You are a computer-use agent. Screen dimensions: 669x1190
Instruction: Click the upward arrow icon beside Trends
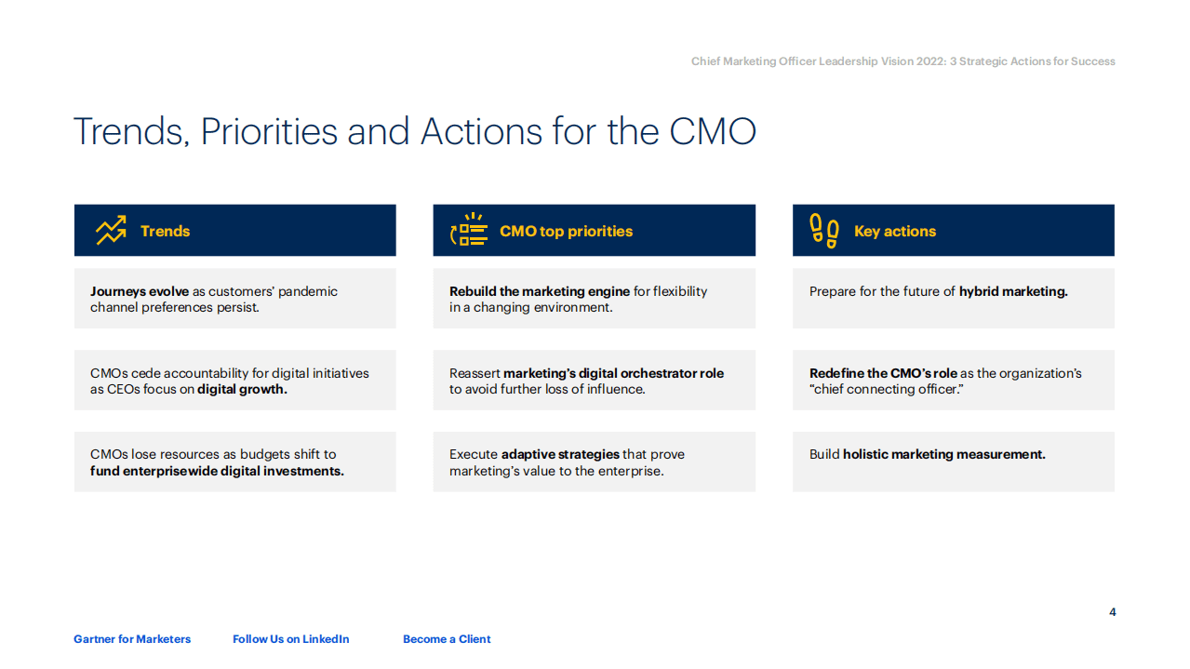pyautogui.click(x=111, y=231)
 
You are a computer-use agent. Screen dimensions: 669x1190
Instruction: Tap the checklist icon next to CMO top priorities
pyautogui.click(x=469, y=231)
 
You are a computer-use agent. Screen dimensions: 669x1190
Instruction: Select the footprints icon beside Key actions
pyautogui.click(x=824, y=231)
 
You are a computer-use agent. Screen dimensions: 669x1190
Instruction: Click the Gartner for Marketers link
pyautogui.click(x=132, y=639)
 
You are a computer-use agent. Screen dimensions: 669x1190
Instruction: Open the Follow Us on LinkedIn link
pyautogui.click(x=291, y=639)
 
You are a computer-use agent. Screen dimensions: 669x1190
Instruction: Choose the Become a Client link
pyautogui.click(x=447, y=639)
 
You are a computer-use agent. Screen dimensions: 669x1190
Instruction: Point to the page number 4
pyautogui.click(x=1113, y=612)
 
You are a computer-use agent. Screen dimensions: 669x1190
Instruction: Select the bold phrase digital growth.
pyautogui.click(x=242, y=390)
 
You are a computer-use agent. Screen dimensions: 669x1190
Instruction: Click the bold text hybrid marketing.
pyautogui.click(x=1013, y=292)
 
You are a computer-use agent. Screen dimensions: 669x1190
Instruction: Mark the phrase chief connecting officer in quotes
pyautogui.click(x=886, y=390)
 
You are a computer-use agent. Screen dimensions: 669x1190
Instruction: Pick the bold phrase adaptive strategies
pyautogui.click(x=560, y=455)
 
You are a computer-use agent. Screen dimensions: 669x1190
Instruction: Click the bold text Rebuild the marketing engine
pyautogui.click(x=540, y=292)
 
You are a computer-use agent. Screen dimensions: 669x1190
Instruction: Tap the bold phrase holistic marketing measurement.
pyautogui.click(x=943, y=455)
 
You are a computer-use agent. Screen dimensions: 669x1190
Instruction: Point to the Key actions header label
pyautogui.click(x=895, y=232)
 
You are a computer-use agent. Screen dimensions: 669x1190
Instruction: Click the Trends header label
pyautogui.click(x=165, y=232)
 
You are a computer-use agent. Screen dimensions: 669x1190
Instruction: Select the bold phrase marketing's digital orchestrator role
pyautogui.click(x=613, y=374)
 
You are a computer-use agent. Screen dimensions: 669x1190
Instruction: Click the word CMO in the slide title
pyautogui.click(x=713, y=132)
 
